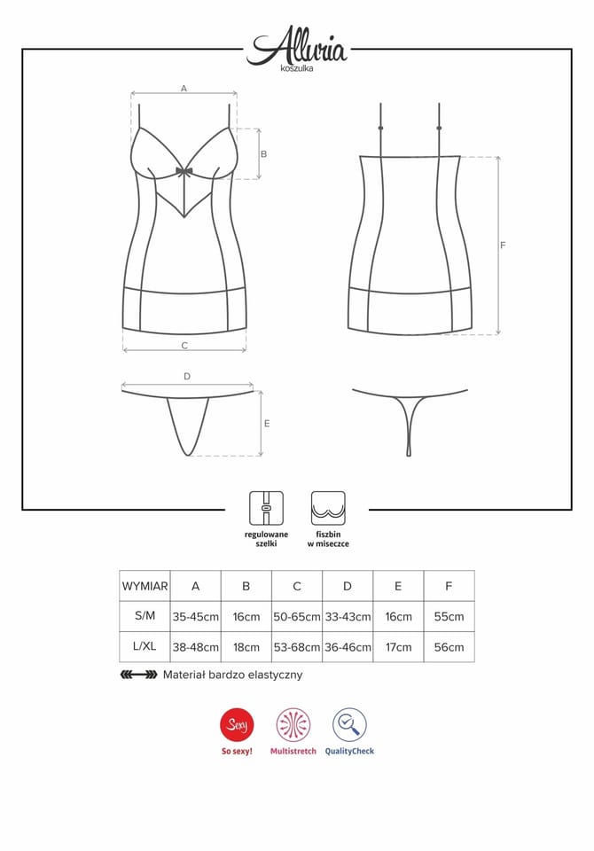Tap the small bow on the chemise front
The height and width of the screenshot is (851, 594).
184,172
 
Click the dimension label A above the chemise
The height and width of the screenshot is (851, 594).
184,88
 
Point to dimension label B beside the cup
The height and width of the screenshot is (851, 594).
264,153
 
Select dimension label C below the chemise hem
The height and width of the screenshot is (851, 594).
184,345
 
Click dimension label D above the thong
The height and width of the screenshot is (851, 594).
187,376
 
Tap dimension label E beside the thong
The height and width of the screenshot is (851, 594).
267,424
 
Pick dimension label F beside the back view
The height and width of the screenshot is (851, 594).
503,246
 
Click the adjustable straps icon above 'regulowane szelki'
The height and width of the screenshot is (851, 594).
266,508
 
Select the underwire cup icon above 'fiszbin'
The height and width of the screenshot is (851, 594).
328,508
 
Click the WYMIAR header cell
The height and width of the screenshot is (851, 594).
145,586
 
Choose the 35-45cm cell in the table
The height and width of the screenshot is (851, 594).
195,617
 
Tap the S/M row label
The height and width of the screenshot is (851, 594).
145,616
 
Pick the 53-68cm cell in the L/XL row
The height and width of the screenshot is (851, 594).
297,647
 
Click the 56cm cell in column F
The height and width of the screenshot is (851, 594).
449,647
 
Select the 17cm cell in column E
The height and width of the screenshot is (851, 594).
398,647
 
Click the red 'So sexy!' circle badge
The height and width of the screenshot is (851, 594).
237,725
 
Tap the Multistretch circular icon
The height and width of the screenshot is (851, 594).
293,725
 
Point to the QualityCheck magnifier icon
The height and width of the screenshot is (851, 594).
349,725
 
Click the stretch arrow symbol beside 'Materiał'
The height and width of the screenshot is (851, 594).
138,675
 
